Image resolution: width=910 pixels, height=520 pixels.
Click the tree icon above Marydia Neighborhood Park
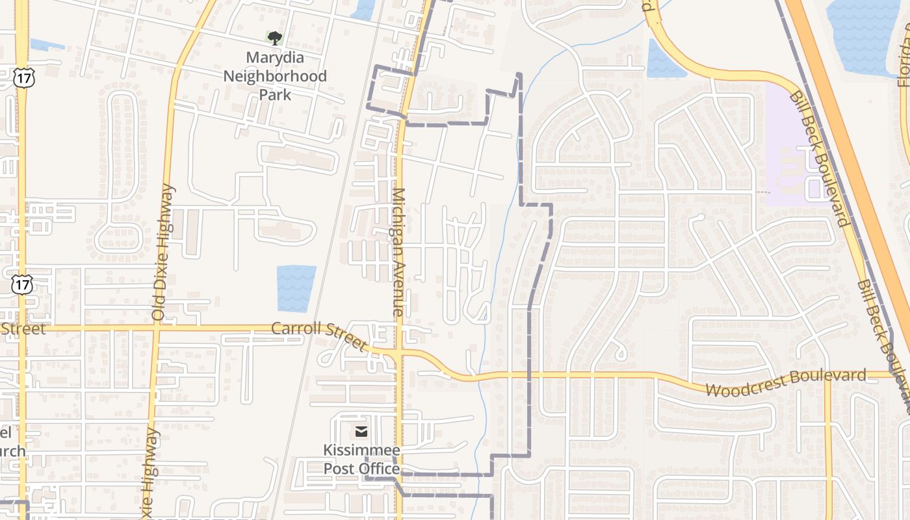pos(275,38)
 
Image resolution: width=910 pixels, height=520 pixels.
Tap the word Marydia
pos(275,58)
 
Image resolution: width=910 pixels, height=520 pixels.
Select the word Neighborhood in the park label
pos(275,76)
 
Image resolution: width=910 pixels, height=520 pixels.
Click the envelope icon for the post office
pos(361,432)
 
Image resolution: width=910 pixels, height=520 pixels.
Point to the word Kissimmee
pos(361,450)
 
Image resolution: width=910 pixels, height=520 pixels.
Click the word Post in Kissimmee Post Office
pos(338,469)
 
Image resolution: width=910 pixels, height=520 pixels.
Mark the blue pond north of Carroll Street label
pos(296,287)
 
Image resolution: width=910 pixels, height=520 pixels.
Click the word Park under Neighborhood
pos(275,94)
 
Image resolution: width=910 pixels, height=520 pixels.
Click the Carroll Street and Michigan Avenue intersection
pos(398,354)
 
